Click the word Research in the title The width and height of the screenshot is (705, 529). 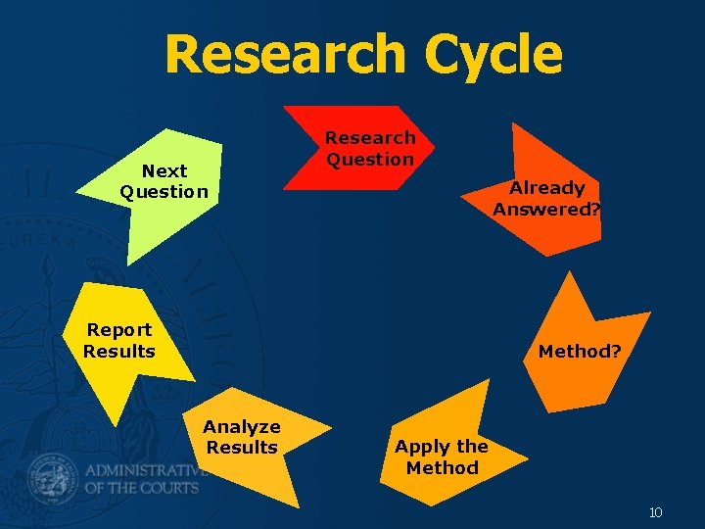[x=285, y=56]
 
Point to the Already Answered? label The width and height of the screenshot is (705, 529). [x=546, y=198]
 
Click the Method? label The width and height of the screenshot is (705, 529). [x=580, y=351]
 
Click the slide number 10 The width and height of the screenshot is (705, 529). [x=655, y=512]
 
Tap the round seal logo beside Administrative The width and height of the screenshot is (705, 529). [x=52, y=476]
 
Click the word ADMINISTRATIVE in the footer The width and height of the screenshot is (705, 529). [x=147, y=467]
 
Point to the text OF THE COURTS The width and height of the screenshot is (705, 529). [x=142, y=487]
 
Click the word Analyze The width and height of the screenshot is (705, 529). [x=242, y=426]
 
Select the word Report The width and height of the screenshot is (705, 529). [x=119, y=330]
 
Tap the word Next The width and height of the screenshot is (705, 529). [x=164, y=170]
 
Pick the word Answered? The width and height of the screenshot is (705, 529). [x=546, y=209]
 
